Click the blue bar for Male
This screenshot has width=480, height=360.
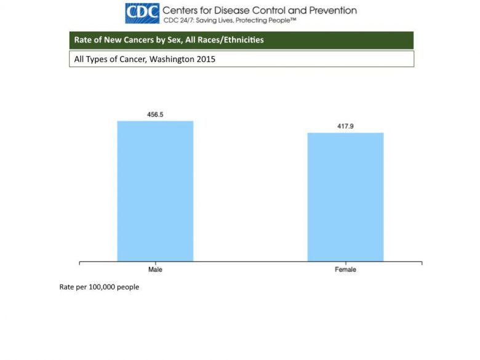tap(155, 191)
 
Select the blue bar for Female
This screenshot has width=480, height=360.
tap(345, 197)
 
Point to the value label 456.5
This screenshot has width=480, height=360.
tap(155, 114)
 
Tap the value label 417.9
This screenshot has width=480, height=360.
tap(345, 126)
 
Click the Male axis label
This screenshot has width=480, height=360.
tap(155, 270)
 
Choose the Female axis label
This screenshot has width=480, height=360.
tap(345, 270)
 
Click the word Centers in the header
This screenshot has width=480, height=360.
tap(182, 10)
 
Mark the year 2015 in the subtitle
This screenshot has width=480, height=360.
tap(206, 60)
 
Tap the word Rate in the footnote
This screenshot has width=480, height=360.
tap(66, 287)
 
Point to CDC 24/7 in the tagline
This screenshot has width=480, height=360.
tap(177, 20)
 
